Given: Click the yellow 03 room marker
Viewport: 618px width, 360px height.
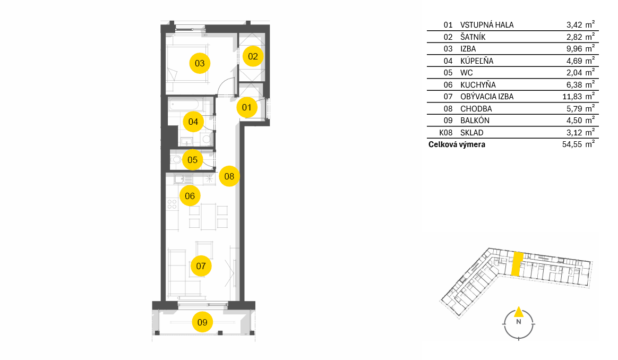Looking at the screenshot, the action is pyautogui.click(x=200, y=63).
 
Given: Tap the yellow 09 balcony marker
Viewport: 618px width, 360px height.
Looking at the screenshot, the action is pyautogui.click(x=202, y=322).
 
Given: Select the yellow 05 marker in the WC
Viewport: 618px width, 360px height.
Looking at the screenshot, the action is pyautogui.click(x=192, y=160).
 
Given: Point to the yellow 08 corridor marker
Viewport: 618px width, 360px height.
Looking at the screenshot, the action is pyautogui.click(x=229, y=176).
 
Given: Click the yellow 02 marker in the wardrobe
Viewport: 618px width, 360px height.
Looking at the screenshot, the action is pyautogui.click(x=253, y=56).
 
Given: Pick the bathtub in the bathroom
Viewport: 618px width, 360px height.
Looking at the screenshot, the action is pyautogui.click(x=184, y=105).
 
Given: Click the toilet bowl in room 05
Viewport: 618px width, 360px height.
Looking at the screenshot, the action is pyautogui.click(x=176, y=160).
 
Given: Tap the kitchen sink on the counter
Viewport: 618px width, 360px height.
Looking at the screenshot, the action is pyautogui.click(x=183, y=179).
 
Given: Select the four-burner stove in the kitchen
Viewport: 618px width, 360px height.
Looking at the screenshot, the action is pyautogui.click(x=172, y=204).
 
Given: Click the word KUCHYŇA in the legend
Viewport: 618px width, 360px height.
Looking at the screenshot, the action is pyautogui.click(x=478, y=85).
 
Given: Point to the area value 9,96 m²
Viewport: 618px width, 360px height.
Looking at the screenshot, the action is pyautogui.click(x=580, y=48).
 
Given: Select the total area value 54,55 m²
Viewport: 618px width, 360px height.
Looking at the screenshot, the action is pyautogui.click(x=578, y=144).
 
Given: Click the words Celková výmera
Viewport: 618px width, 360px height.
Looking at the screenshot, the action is pyautogui.click(x=457, y=144).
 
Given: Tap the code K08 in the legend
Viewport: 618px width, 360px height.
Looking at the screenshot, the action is pyautogui.click(x=446, y=133).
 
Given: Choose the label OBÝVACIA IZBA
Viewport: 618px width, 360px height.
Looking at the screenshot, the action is pyautogui.click(x=487, y=97).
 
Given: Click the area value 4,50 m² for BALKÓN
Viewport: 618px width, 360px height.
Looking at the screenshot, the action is pyautogui.click(x=580, y=120).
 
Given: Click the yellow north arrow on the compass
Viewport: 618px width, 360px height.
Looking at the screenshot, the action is pyautogui.click(x=519, y=312).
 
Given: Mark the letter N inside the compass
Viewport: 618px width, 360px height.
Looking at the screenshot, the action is pyautogui.click(x=519, y=322).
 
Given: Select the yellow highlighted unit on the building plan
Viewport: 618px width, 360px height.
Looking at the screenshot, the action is pyautogui.click(x=517, y=264).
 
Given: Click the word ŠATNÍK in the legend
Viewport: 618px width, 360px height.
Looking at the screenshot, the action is pyautogui.click(x=473, y=37).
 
